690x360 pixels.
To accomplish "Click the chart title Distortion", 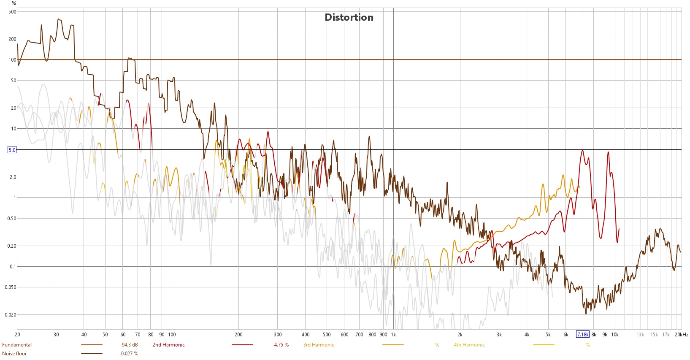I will pyautogui.click(x=349, y=17).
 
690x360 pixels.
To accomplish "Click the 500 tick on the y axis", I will pyautogui.click(x=12, y=12).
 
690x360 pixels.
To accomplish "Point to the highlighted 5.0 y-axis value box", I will pyautogui.click(x=12, y=150).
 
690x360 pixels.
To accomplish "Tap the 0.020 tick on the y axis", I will pyautogui.click(x=11, y=315).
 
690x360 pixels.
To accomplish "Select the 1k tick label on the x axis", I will pyautogui.click(x=393, y=335).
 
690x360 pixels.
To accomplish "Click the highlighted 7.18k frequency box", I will pyautogui.click(x=582, y=335).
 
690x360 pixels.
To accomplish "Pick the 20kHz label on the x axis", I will pyautogui.click(x=681, y=335).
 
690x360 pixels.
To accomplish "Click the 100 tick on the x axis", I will pyautogui.click(x=171, y=335).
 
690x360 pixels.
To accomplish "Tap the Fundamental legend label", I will pyautogui.click(x=17, y=345).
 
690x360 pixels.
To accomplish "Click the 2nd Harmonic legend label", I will pyautogui.click(x=168, y=345).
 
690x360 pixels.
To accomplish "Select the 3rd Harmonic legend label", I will pyautogui.click(x=318, y=345).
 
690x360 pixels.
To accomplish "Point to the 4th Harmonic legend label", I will pyautogui.click(x=469, y=345).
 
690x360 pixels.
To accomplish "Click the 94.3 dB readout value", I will pyautogui.click(x=130, y=345).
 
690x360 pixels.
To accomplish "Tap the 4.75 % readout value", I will pyautogui.click(x=281, y=345).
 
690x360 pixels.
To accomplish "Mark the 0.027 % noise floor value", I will pyautogui.click(x=129, y=354).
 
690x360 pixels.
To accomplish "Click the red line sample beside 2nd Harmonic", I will pyautogui.click(x=242, y=345).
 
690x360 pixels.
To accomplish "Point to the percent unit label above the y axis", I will pyautogui.click(x=14, y=3).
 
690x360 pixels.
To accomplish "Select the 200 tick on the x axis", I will pyautogui.click(x=238, y=335).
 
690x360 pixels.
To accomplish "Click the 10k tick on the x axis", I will pyautogui.click(x=615, y=335).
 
